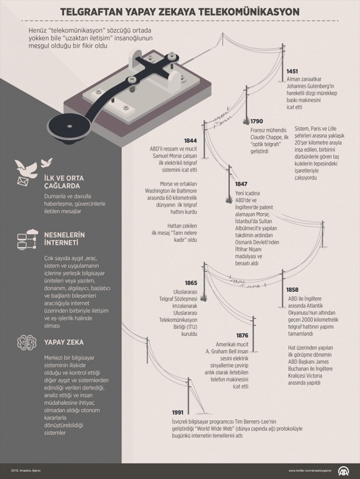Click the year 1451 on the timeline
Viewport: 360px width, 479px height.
click(x=292, y=71)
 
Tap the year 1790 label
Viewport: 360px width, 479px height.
click(x=256, y=121)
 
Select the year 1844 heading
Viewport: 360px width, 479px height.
click(x=191, y=141)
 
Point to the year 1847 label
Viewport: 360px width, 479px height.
click(x=241, y=184)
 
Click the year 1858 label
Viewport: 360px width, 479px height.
click(x=292, y=290)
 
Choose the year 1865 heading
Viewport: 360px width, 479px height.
click(x=191, y=283)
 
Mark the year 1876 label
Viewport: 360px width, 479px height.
click(x=242, y=336)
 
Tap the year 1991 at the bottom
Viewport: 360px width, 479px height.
click(x=178, y=412)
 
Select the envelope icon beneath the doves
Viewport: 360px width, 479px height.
click(x=23, y=181)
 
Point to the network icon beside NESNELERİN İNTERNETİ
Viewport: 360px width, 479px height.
click(x=27, y=238)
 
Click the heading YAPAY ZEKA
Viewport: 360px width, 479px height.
click(x=64, y=342)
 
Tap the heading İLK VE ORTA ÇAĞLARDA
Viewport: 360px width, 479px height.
click(x=64, y=182)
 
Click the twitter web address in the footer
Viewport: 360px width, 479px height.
click(x=310, y=471)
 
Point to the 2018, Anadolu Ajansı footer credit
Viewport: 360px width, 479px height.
click(x=25, y=471)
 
